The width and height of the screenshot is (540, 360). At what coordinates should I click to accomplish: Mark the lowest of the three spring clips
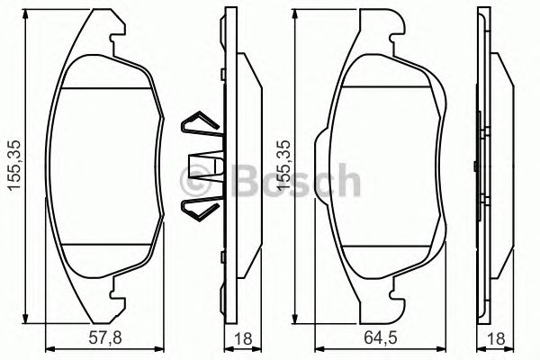(x=195, y=209)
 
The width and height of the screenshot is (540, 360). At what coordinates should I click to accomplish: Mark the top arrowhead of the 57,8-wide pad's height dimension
(x=27, y=22)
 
